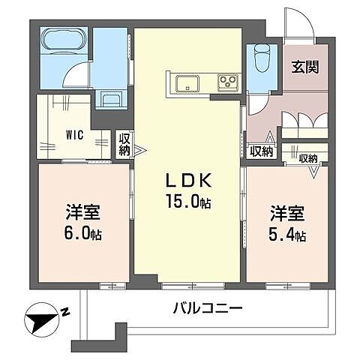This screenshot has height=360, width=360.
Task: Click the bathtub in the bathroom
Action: pos(63,40)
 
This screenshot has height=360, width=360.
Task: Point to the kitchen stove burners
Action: pos(227,82)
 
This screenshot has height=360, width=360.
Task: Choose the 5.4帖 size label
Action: pos(288,236)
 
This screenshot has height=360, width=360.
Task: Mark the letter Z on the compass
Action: pos(65,310)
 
